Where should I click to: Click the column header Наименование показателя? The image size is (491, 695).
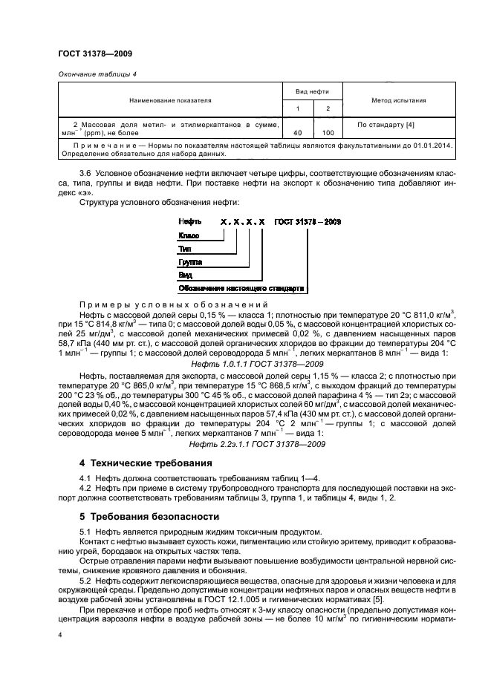pos(170,99)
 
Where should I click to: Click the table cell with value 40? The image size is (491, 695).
pos(297,132)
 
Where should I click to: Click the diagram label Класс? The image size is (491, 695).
pos(189,235)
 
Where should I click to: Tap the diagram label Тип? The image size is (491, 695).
pos(186,249)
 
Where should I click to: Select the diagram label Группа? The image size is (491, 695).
pos(191,262)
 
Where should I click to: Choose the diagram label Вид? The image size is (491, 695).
pos(186,275)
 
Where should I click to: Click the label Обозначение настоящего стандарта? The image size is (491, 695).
pos(241,288)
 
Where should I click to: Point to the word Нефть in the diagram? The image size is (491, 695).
pos(190,221)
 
